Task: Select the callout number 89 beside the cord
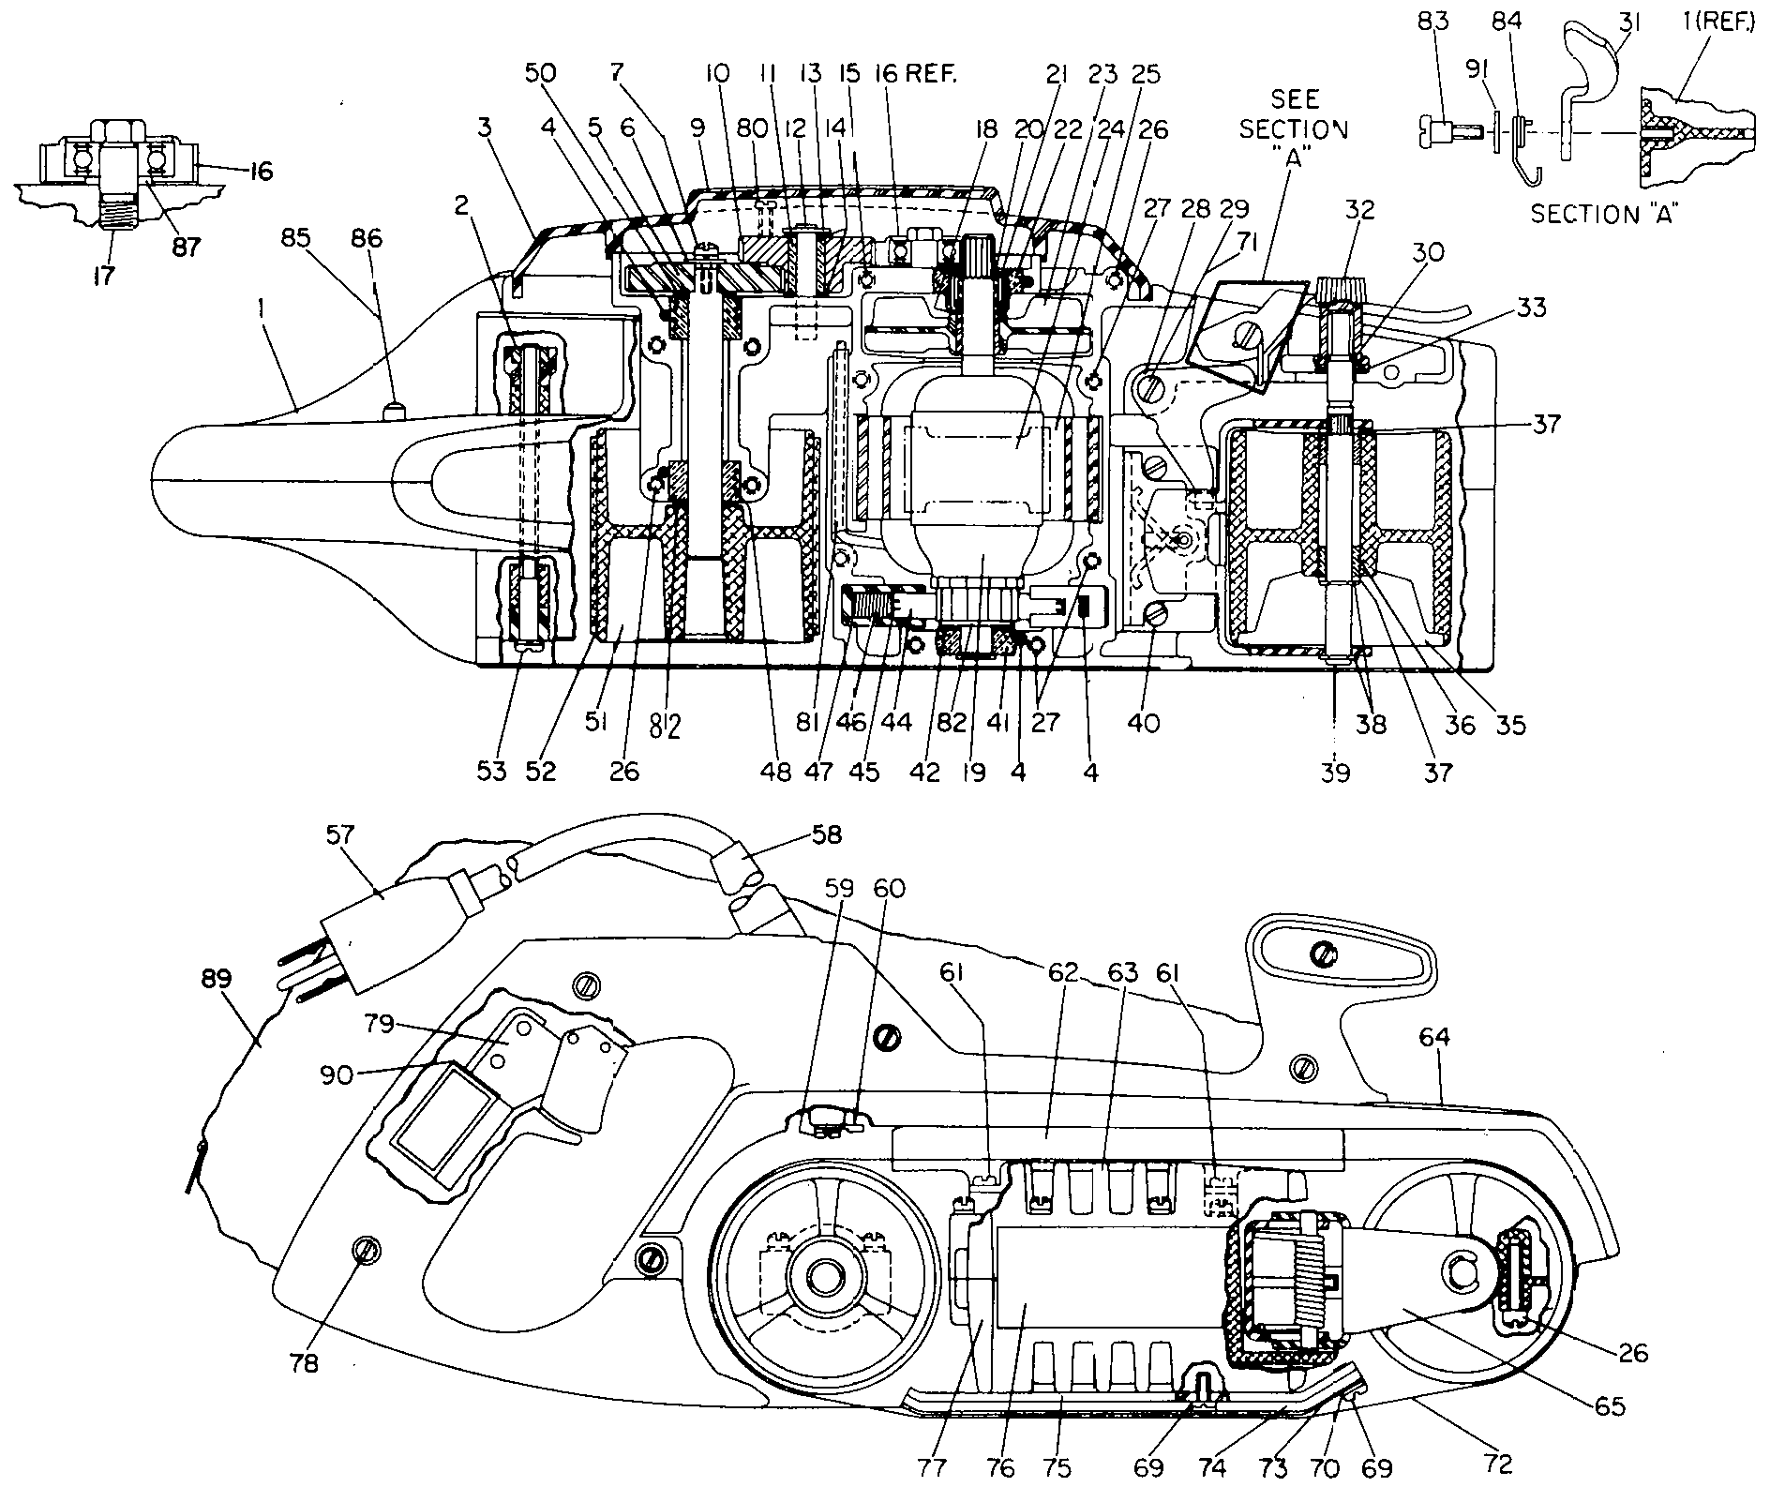point(217,979)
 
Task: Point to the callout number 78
point(305,1362)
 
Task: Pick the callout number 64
point(1434,1036)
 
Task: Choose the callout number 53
point(491,772)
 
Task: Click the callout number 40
point(1144,722)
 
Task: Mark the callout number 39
point(1336,772)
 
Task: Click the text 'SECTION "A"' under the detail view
point(1603,215)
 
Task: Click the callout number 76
point(1001,1467)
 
